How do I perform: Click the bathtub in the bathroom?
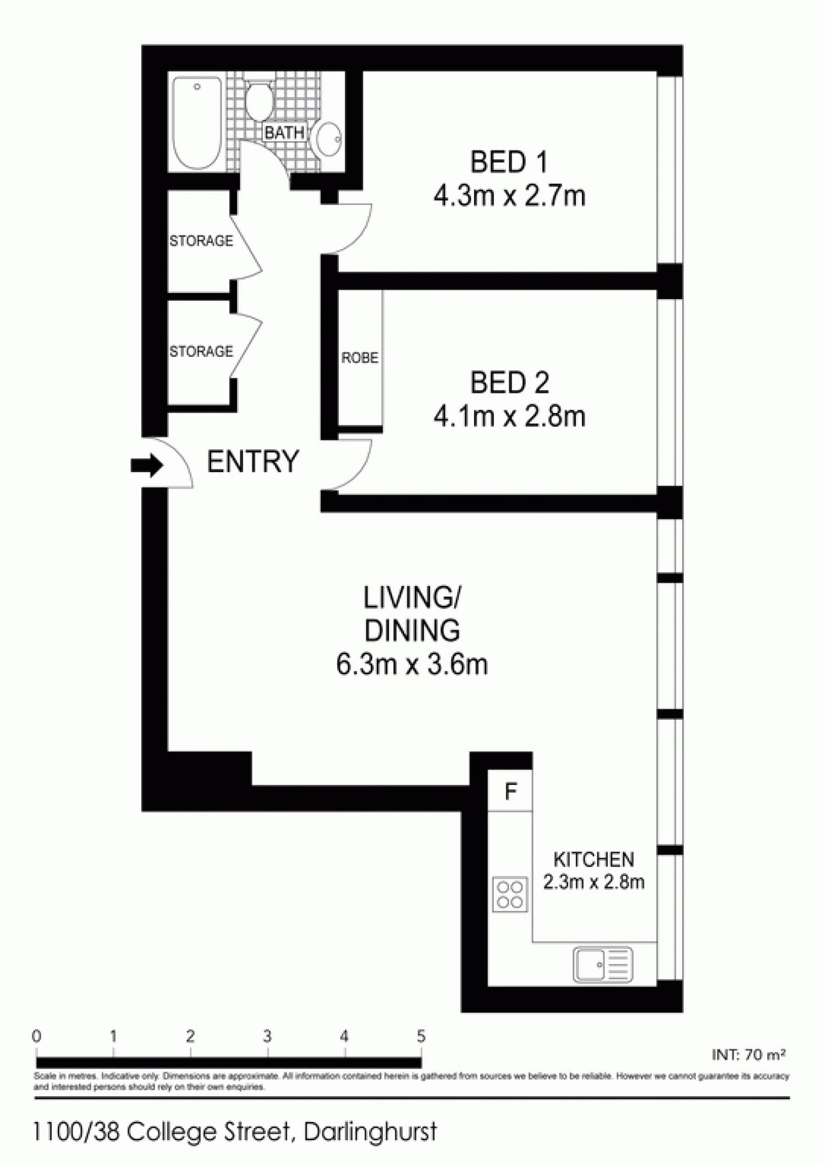click(197, 123)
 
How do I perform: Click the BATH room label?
click(284, 132)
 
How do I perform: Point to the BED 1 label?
click(509, 163)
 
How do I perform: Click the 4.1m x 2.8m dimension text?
click(509, 416)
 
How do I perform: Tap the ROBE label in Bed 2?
click(360, 358)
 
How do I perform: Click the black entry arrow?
click(147, 466)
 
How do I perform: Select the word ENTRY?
click(253, 461)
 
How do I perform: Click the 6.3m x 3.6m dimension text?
click(412, 665)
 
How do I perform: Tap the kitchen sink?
click(603, 964)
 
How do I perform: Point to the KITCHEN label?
click(593, 859)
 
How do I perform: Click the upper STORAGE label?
click(201, 241)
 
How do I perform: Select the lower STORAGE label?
click(201, 351)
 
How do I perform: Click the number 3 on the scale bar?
click(267, 1037)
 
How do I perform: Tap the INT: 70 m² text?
click(749, 1054)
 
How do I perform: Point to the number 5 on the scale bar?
click(421, 1037)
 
